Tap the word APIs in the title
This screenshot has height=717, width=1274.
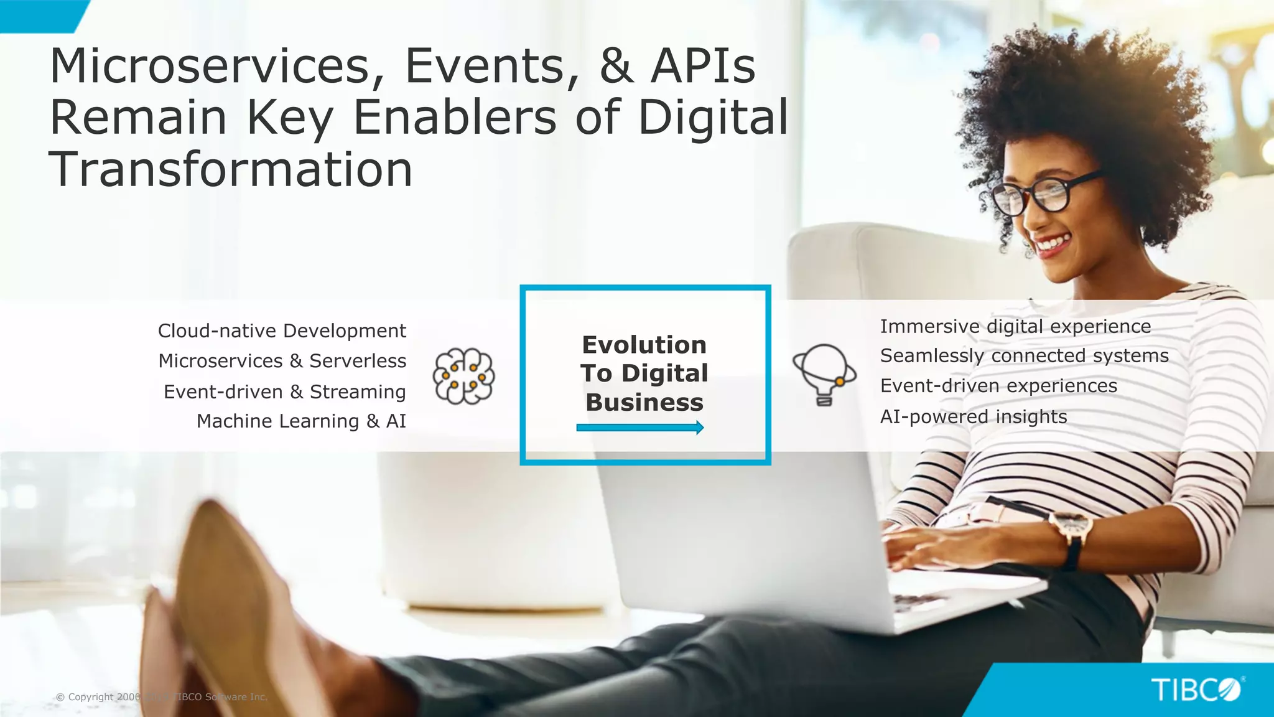point(703,66)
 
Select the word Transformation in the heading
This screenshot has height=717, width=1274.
point(231,169)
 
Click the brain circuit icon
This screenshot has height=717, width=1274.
point(464,376)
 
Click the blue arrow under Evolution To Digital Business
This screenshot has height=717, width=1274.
point(640,428)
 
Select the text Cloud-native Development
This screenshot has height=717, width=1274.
point(282,330)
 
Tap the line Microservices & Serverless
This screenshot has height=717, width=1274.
point(282,361)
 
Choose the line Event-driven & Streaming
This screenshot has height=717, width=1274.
point(284,391)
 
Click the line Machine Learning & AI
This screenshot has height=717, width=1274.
point(301,421)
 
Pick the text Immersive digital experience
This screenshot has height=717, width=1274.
point(1015,326)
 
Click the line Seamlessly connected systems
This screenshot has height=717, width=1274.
point(1024,356)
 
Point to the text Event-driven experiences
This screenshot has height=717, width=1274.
point(998,386)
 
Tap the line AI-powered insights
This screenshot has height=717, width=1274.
point(974,416)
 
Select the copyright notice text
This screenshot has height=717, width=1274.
point(161,697)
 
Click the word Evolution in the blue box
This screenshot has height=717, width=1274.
point(644,345)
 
